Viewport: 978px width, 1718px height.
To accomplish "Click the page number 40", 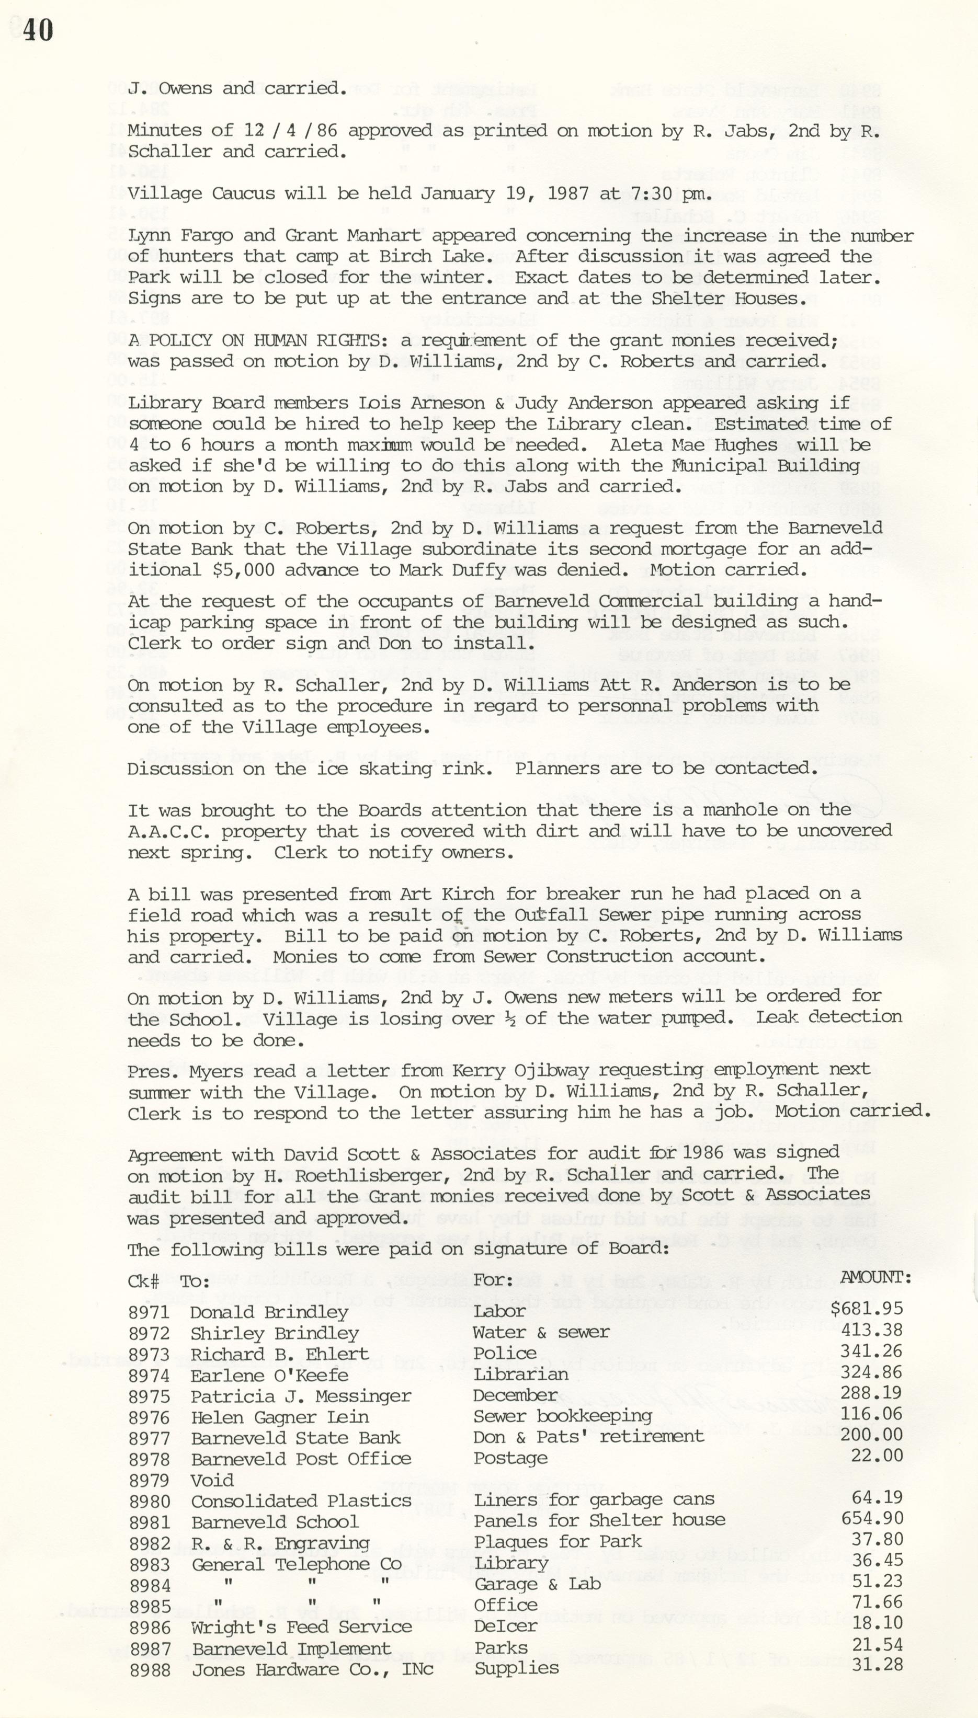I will pos(38,31).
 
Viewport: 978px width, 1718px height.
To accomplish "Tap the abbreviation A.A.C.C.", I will pos(168,831).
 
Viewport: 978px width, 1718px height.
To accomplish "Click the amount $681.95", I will pos(867,1309).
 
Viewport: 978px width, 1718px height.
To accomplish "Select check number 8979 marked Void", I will pos(149,1480).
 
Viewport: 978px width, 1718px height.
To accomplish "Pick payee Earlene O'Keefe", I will pos(269,1375).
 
